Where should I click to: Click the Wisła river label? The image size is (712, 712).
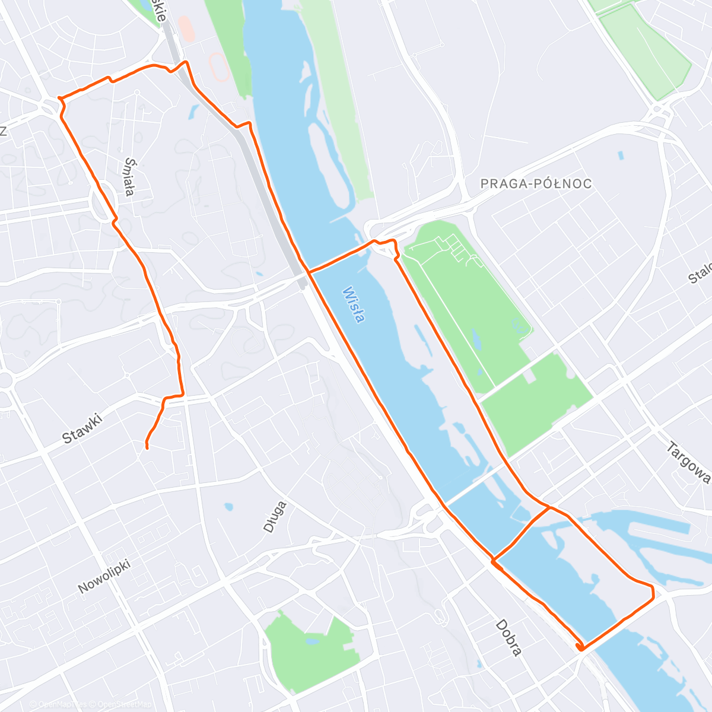(354, 305)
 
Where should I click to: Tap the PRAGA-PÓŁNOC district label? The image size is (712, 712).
(536, 184)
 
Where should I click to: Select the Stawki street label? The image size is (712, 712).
(82, 428)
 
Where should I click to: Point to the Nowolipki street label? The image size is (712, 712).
(104, 575)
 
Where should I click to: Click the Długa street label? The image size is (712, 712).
(275, 516)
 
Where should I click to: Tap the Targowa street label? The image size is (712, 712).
(689, 463)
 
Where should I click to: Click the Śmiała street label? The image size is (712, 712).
(129, 176)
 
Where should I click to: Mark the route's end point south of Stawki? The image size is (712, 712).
(147, 447)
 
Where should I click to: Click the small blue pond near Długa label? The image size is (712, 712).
(228, 507)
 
